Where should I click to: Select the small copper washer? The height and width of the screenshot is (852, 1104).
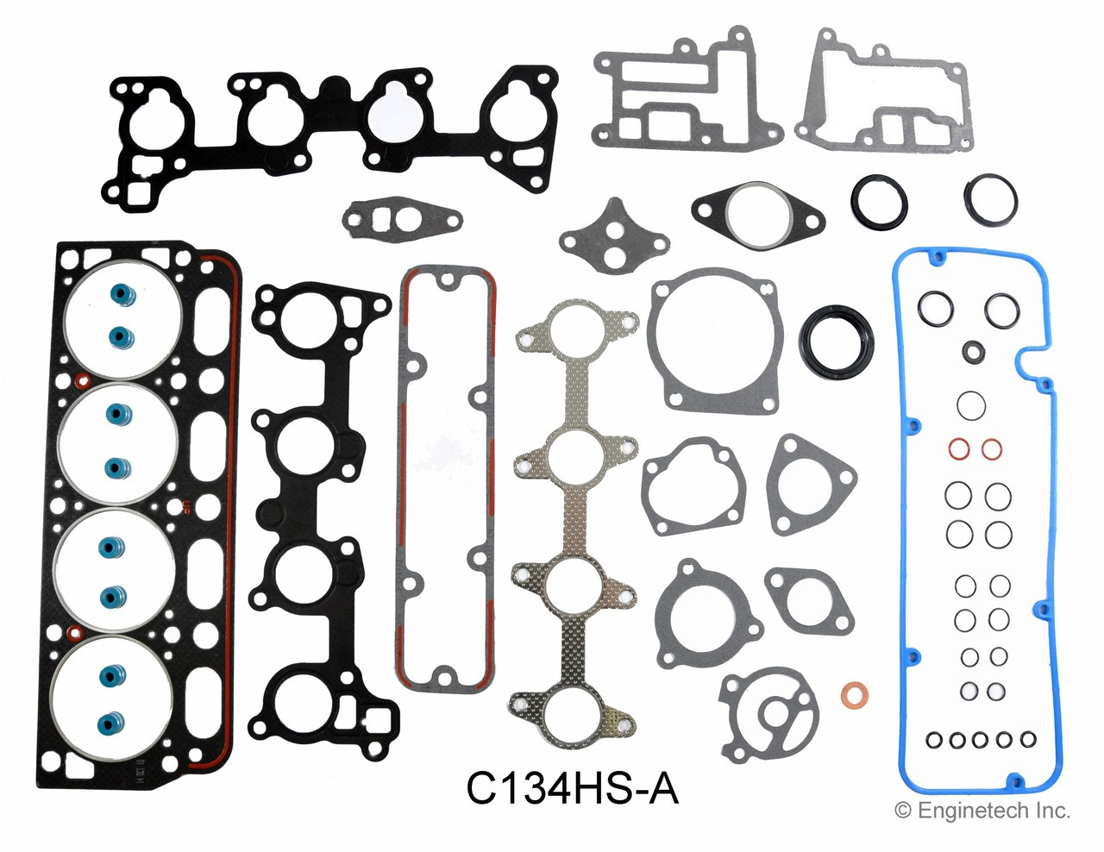coord(854,693)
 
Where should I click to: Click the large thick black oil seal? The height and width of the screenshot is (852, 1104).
coord(836,341)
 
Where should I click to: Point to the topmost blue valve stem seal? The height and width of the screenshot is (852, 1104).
coord(118,295)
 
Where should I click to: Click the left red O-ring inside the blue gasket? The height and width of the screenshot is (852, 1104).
coord(958,449)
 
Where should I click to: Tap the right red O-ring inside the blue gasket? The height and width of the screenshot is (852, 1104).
coord(992,449)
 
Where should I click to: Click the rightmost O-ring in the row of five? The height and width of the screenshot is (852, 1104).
coord(1027,739)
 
